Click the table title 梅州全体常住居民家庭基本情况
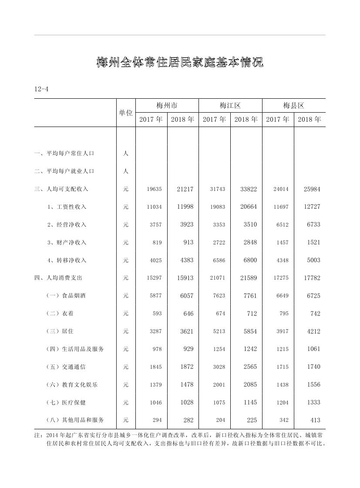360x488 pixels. click(x=180, y=63)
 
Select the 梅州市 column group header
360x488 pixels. click(x=167, y=106)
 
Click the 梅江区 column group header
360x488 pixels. click(x=230, y=106)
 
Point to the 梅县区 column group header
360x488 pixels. click(x=293, y=106)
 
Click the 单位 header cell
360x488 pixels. click(x=126, y=113)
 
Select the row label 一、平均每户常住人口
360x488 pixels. click(x=64, y=154)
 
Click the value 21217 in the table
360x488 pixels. click(x=185, y=189)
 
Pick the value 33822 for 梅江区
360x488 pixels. click(x=249, y=189)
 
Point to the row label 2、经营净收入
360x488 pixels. click(x=67, y=225)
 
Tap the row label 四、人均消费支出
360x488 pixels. click(x=58, y=278)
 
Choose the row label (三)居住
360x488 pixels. click(x=60, y=331)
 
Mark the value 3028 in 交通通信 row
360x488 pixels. click(x=219, y=367)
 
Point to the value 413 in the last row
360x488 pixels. click(x=315, y=420)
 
